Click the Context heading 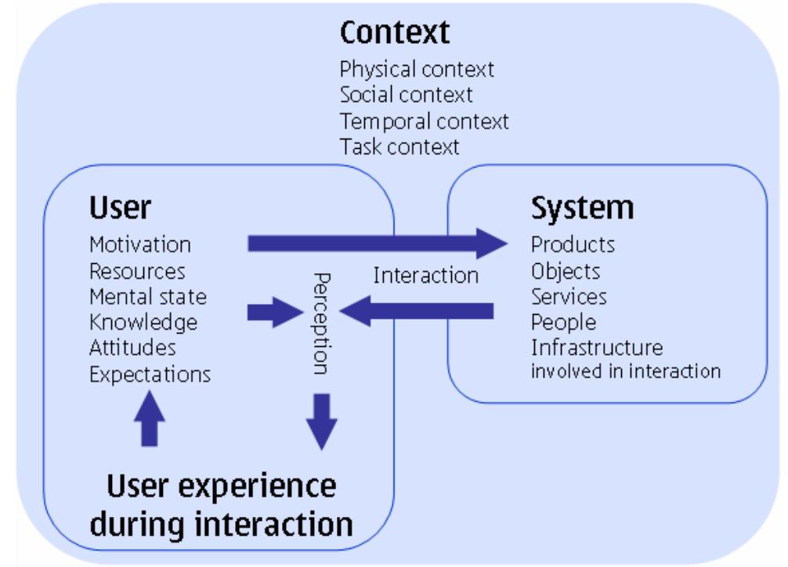(395, 33)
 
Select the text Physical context (417, 69)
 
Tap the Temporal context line (424, 121)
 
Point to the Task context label (399, 146)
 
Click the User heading (120, 208)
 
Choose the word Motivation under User (140, 244)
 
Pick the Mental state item (148, 297)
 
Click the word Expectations (150, 374)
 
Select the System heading (582, 208)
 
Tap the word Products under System (573, 244)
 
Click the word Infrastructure (597, 347)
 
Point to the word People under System (563, 322)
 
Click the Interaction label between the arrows (425, 276)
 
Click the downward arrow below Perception (320, 422)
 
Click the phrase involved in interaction (625, 371)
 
